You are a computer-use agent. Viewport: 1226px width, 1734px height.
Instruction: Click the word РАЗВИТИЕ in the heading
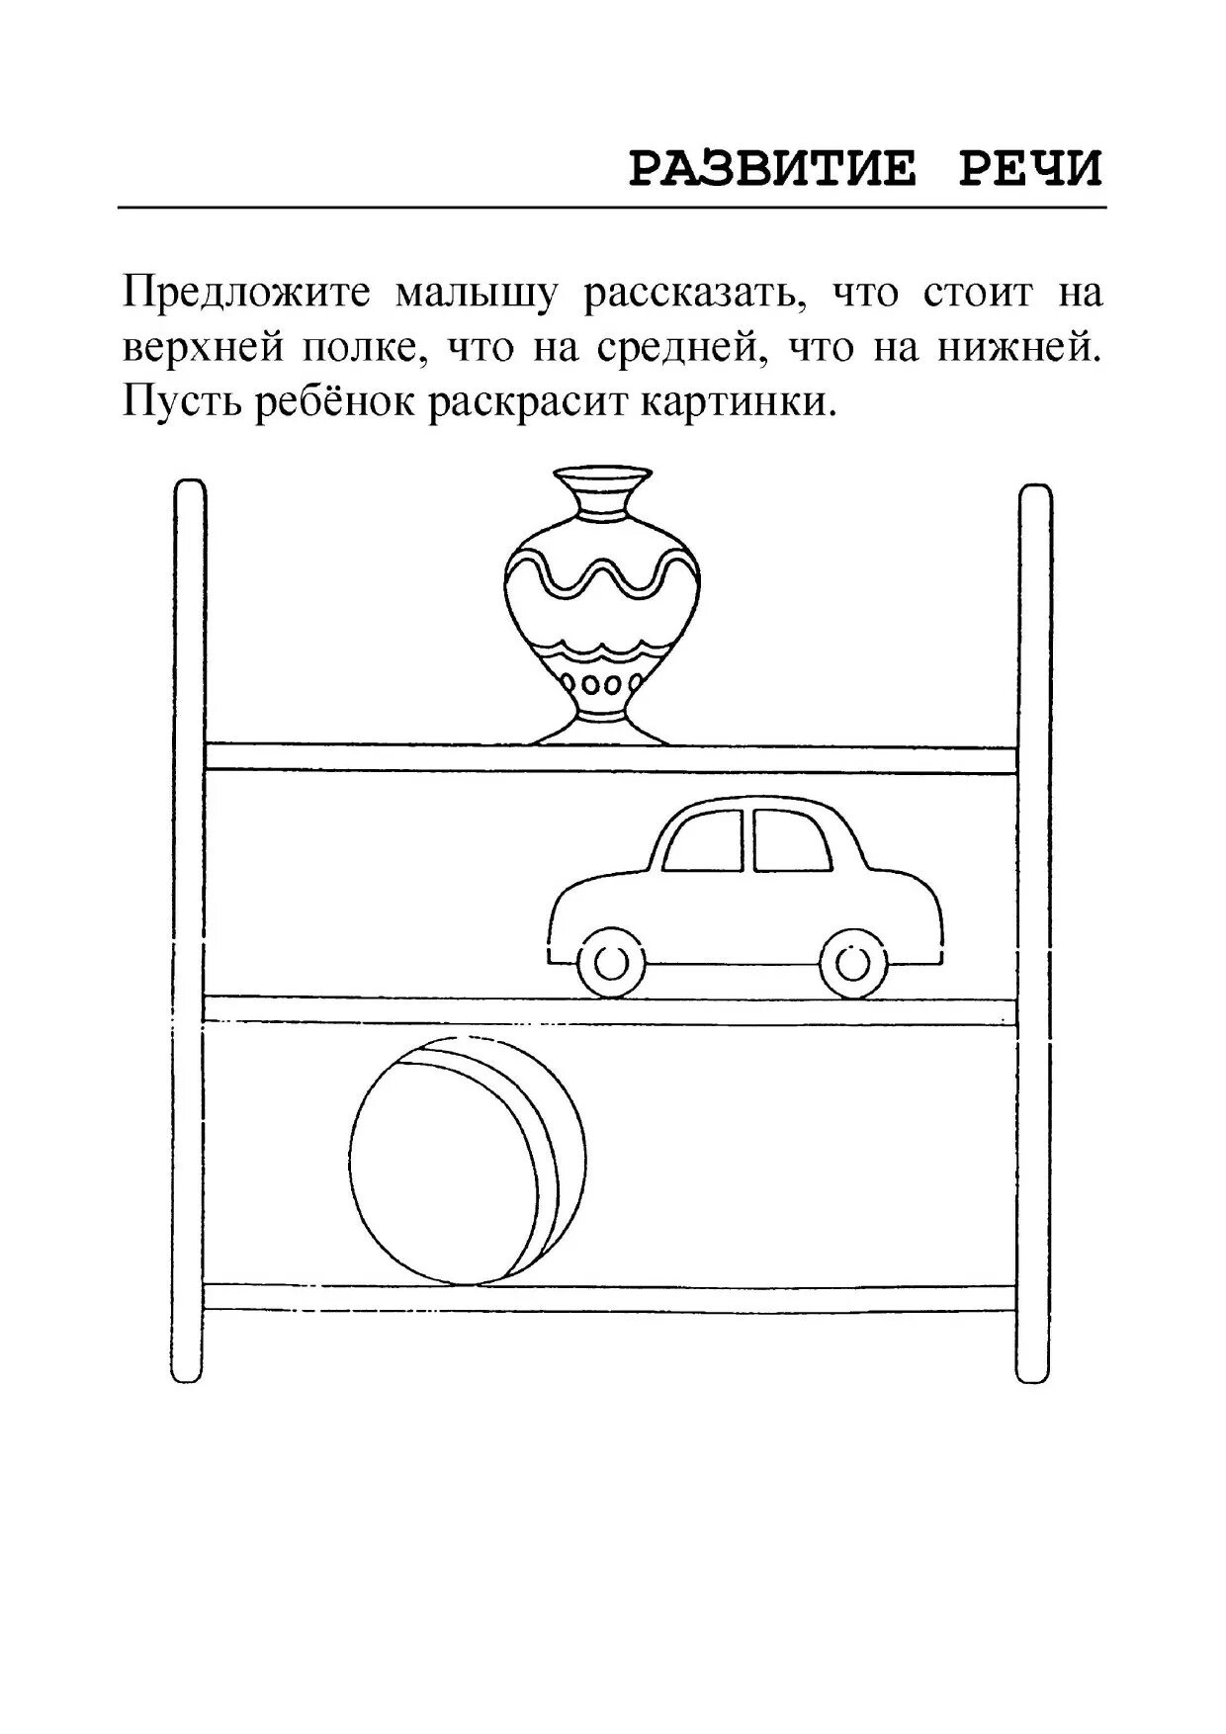[773, 169]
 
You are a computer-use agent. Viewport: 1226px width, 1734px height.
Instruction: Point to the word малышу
[479, 294]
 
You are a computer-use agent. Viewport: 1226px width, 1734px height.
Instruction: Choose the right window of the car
[790, 842]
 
